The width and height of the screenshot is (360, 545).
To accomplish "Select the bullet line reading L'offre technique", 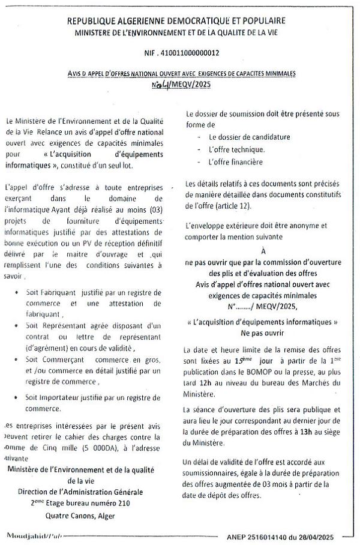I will point(233,149).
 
